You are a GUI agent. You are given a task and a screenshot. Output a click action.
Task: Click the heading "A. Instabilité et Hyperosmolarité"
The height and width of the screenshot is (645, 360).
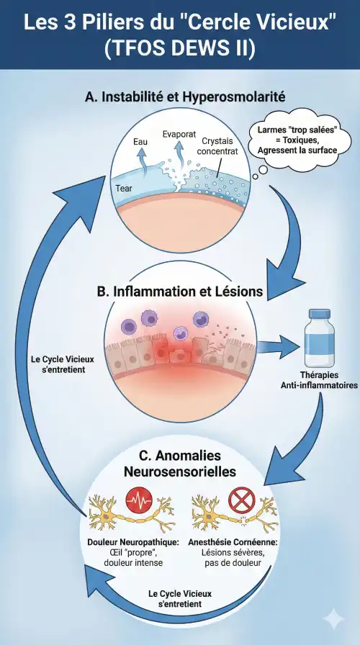(x=185, y=97)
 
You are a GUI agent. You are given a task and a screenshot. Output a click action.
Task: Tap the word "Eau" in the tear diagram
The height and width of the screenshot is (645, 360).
(x=140, y=143)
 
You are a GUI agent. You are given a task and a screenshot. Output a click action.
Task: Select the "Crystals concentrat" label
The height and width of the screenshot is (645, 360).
(x=217, y=146)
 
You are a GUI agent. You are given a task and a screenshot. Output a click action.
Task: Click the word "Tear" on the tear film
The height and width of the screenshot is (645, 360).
(x=124, y=189)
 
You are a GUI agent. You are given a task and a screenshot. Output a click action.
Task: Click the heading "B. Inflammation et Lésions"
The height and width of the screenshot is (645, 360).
(x=180, y=292)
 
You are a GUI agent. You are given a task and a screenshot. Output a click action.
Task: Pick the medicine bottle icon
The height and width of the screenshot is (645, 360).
(x=319, y=338)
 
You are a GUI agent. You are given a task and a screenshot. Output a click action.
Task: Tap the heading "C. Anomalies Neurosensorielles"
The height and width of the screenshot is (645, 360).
(x=180, y=463)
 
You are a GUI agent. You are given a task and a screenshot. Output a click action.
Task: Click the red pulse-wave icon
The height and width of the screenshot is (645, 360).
(x=139, y=500)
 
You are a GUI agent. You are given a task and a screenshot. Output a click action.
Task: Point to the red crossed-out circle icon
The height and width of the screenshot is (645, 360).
(x=241, y=500)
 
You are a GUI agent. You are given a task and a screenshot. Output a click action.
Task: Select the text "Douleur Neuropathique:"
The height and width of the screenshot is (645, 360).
(x=133, y=542)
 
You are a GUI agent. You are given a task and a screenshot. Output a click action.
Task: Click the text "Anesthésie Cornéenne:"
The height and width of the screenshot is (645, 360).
(x=233, y=542)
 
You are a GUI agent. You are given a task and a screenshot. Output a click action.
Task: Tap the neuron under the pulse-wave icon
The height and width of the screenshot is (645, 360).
(x=132, y=514)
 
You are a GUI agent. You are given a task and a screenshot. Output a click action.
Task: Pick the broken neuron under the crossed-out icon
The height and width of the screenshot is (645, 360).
(x=235, y=514)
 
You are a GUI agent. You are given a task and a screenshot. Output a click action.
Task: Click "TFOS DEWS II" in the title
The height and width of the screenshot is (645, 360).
(x=180, y=48)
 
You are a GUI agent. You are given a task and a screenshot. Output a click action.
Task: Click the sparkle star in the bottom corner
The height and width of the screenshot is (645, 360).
(x=333, y=619)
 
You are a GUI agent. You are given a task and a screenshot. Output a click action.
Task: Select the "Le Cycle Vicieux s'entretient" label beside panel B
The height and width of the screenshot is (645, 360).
(x=63, y=364)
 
